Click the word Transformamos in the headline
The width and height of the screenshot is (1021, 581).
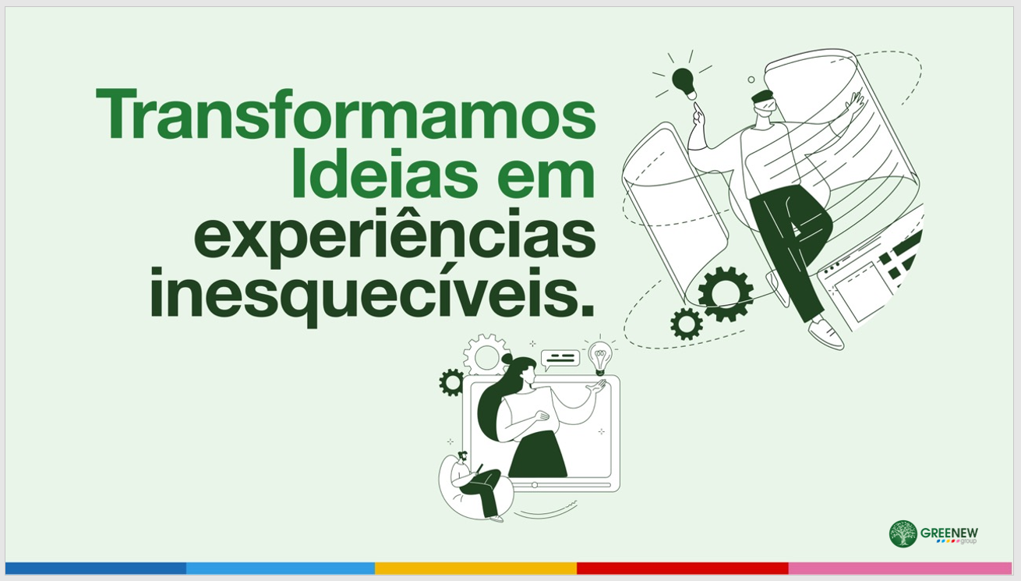[x=345, y=114]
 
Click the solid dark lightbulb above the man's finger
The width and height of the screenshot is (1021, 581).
[x=684, y=83]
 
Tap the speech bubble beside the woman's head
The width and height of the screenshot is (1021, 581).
[x=560, y=360]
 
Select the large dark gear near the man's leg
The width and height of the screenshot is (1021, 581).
[x=726, y=294]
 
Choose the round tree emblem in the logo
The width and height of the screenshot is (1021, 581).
[x=903, y=533]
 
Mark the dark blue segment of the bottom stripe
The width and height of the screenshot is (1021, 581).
[x=96, y=569]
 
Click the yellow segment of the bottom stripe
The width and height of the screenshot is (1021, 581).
[x=476, y=569]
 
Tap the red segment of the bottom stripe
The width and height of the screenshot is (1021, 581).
[x=683, y=569]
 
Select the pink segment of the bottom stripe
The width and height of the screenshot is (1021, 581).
[x=900, y=569]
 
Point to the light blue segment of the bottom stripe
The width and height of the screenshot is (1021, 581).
[x=281, y=569]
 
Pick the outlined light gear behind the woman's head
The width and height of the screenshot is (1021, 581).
[x=486, y=354]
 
